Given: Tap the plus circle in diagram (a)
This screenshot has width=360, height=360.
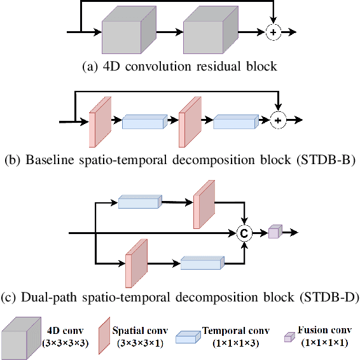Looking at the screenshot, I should (x=273, y=32).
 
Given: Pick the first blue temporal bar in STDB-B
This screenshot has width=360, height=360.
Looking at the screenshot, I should (x=144, y=123).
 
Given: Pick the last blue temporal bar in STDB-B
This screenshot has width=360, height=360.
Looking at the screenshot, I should (x=235, y=123).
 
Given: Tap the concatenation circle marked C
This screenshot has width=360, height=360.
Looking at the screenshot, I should (x=244, y=233).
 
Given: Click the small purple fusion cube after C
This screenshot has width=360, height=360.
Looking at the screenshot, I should (x=274, y=232).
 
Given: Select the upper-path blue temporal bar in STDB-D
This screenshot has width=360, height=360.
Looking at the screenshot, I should (x=139, y=202).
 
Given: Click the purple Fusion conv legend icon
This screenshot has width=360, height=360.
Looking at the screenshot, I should (x=287, y=334).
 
